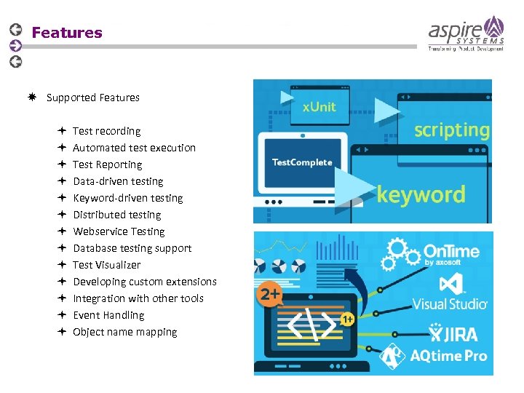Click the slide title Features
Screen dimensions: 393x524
(x=67, y=33)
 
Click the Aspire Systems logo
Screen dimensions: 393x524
(x=466, y=33)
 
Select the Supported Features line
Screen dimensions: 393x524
(x=92, y=98)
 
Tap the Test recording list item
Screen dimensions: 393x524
(x=106, y=131)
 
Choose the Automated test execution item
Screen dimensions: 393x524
(x=134, y=148)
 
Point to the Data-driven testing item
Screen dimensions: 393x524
(x=118, y=181)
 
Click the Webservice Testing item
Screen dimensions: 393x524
(x=119, y=231)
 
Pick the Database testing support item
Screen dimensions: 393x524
(x=132, y=248)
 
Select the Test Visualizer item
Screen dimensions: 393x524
(x=106, y=265)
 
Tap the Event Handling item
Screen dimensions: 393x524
(x=108, y=315)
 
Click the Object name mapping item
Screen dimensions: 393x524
(x=124, y=332)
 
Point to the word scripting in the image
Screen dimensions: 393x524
(x=451, y=130)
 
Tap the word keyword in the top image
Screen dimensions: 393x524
(x=421, y=194)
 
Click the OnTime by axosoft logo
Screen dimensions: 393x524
(x=451, y=254)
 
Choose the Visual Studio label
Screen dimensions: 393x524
(x=449, y=303)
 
